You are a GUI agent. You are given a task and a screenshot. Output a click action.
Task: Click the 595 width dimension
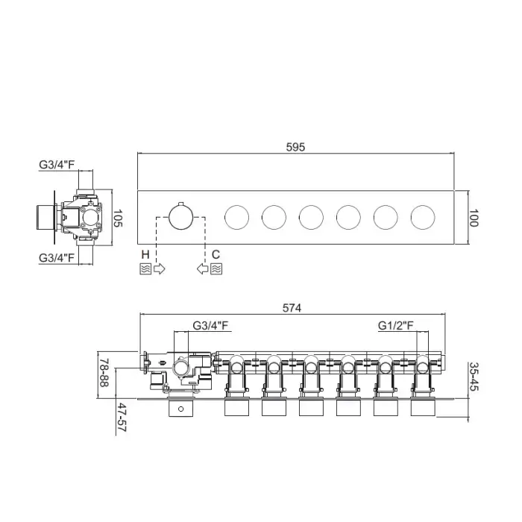coord(295,147)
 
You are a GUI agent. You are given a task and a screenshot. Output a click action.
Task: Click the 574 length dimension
coord(292,308)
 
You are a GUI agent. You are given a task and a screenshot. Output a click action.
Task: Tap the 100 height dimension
coord(474,218)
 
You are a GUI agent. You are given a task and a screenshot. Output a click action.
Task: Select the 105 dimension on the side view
coord(118,218)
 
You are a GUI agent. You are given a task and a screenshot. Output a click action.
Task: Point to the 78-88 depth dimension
coord(104,373)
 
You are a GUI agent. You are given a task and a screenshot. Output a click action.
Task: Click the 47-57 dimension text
coord(122,418)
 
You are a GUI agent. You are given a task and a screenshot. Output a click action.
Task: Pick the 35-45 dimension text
coord(474,377)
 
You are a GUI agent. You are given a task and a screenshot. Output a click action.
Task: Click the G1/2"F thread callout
coord(395,325)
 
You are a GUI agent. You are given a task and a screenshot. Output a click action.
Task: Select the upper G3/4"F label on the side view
coord(57,165)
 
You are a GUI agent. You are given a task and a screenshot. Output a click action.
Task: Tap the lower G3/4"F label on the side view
coord(57,258)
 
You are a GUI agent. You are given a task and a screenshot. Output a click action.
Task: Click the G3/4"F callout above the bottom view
coord(210,325)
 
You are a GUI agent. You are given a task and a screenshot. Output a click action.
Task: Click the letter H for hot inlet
coord(145,255)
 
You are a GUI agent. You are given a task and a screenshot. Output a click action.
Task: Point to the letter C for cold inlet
coord(216,255)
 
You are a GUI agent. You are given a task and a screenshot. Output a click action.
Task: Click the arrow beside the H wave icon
coord(159,268)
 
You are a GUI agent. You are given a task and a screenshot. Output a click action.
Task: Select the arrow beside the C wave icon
coord(202,268)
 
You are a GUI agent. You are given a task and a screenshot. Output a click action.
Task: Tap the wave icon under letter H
coord(145,268)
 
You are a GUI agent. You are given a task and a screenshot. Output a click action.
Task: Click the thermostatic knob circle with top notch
coord(180,217)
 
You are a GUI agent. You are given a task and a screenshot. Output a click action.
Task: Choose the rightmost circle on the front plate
coord(423,218)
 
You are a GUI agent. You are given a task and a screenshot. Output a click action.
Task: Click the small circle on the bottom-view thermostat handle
coord(180,409)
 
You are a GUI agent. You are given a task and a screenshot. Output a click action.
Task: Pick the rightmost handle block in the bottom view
coord(423,407)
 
